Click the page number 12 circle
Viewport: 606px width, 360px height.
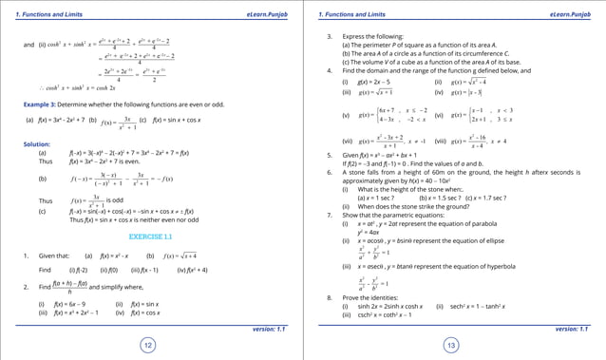tap(149, 345)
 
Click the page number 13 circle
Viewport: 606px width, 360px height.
tap(452, 345)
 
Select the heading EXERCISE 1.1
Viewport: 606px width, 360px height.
tap(150, 236)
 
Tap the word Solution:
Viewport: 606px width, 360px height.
tap(37, 143)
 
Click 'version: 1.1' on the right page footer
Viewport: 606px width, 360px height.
tap(571, 328)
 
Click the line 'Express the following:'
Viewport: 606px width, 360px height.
tap(371, 36)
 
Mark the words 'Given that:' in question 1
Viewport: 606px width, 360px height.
tap(53, 256)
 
